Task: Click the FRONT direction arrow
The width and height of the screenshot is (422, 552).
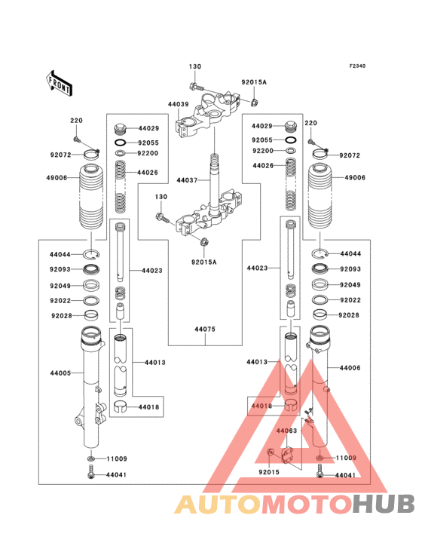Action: click(60, 82)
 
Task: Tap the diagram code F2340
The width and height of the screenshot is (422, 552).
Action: click(356, 66)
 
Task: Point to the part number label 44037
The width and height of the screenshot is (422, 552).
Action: click(187, 181)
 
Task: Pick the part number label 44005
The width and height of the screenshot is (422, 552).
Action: click(60, 373)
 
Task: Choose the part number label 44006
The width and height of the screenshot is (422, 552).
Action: click(350, 367)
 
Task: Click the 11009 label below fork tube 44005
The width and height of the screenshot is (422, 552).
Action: click(116, 458)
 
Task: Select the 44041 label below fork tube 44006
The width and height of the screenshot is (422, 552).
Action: click(344, 475)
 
